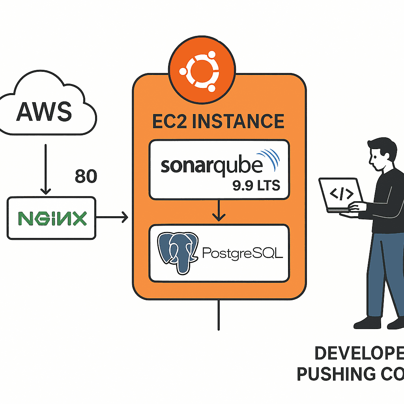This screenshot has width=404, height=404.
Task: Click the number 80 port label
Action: (85, 177)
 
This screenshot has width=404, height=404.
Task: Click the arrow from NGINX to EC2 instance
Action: (112, 217)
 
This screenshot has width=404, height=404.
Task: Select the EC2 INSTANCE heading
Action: (218, 121)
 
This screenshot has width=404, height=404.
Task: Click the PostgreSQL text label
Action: (242, 252)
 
